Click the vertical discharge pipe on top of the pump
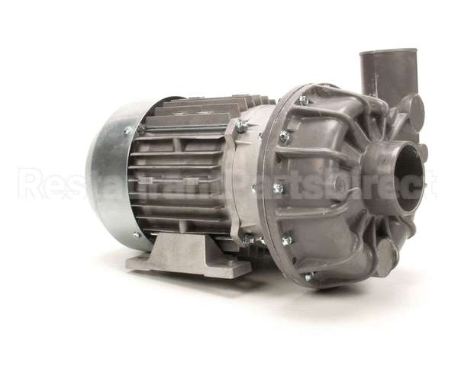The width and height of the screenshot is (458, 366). (388, 76)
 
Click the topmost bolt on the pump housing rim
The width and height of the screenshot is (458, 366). (304, 100)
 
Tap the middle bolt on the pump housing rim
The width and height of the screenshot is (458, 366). (278, 188)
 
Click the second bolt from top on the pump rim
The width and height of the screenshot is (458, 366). (285, 136)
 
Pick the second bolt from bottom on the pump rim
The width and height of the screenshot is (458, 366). (287, 240)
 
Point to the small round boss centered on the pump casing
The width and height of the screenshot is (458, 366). (337, 185)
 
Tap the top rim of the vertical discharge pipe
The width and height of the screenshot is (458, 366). (389, 53)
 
